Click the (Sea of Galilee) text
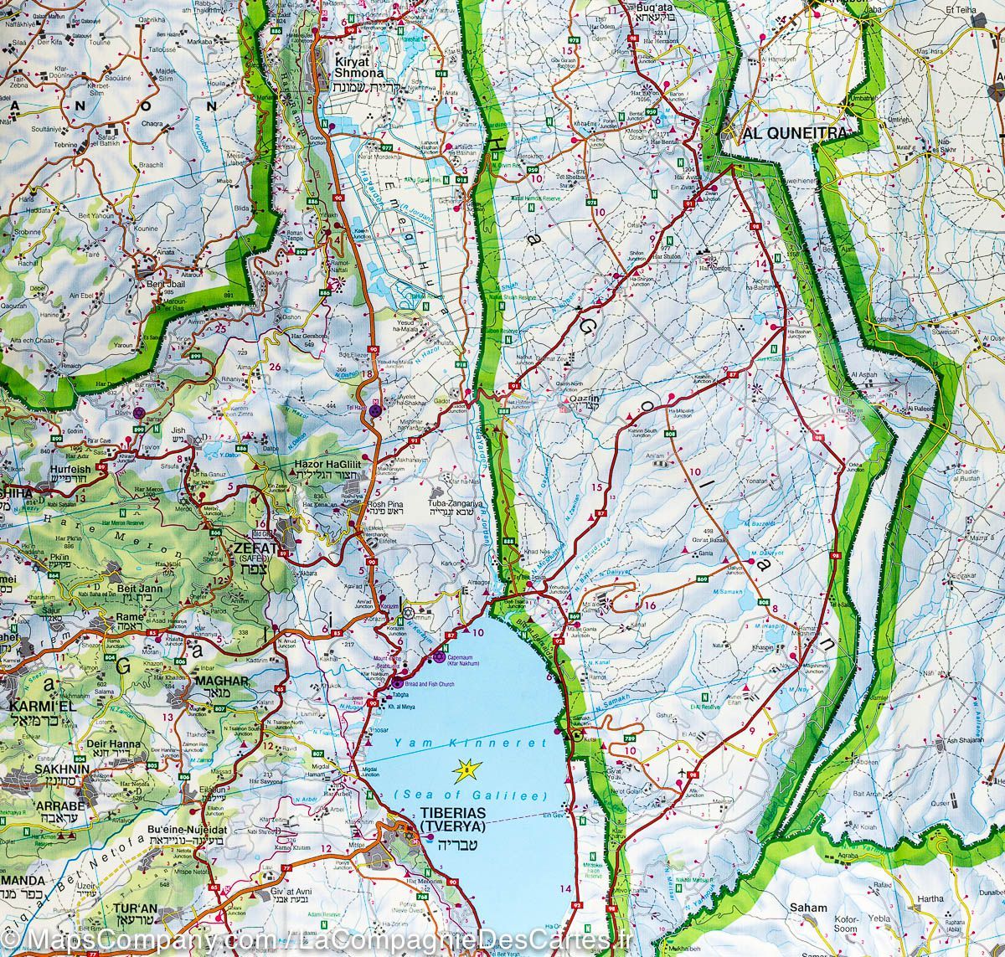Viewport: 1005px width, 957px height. click(468, 795)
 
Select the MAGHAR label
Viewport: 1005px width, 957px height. click(221, 681)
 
